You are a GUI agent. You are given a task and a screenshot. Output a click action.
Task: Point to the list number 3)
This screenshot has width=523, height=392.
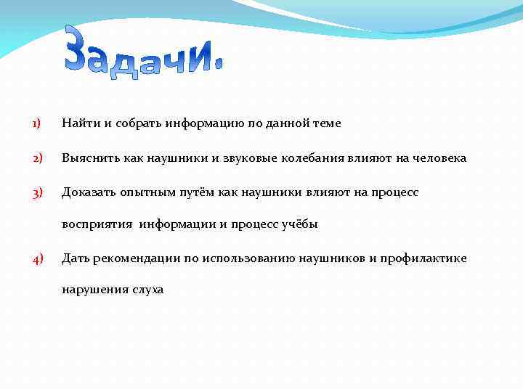click(36, 192)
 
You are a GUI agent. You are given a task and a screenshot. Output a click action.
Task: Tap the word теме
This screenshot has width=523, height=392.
click(325, 124)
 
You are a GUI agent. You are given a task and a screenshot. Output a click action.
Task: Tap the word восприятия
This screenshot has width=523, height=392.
click(97, 225)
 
